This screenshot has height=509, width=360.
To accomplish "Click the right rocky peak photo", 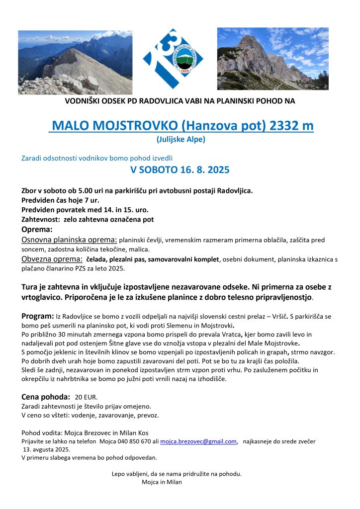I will pyautogui.click(x=273, y=59).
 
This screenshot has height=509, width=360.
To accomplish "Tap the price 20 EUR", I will pyautogui.click(x=87, y=397).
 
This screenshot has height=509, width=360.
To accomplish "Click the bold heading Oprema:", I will pyautogui.click(x=37, y=230).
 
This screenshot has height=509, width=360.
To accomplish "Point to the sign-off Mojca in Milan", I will pyautogui.click(x=162, y=482).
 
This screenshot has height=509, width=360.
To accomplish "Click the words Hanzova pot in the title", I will pyautogui.click(x=230, y=126).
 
